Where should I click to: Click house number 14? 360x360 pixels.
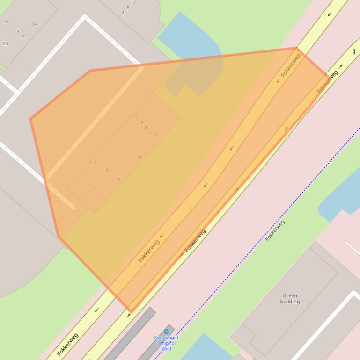pos(6,22)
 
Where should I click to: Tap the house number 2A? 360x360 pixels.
pos(34,24)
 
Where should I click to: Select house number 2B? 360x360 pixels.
pos(5,43)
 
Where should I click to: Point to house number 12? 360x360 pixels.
pos(133,3)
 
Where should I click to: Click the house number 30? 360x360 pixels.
pos(135,117)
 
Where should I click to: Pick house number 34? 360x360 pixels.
pos(140,122)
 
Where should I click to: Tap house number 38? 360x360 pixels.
pos(146,127)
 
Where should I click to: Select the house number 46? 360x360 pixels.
pos(154,135)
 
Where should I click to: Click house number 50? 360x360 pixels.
pos(140,158)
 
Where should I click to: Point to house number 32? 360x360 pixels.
pos(96,163)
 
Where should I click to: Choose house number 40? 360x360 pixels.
pos(108,170)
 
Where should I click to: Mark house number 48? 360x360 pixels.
pos(118,180)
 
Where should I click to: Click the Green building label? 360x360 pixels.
pos(290,298)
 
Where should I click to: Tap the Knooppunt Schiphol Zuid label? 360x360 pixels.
pos(166,343)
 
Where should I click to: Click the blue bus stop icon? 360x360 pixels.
pos(166,331)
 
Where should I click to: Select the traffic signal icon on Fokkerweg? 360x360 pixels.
pos(353,51)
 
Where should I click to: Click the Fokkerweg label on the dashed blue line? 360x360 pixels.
pos(275,230)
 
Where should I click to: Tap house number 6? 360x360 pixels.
pos(18,32)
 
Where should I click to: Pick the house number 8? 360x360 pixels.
pos(128,8)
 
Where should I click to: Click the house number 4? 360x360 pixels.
pos(123,13)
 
